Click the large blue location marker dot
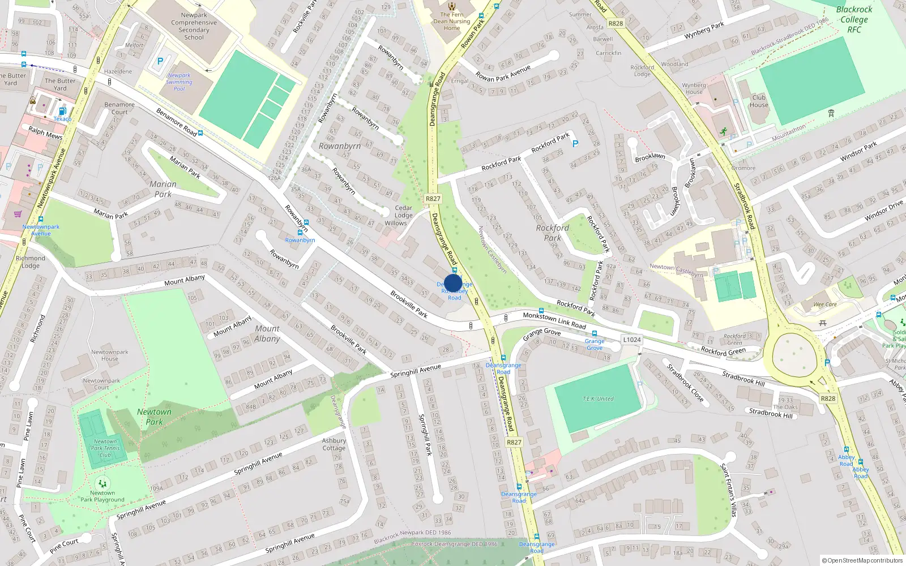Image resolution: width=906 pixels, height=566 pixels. pos(453,283)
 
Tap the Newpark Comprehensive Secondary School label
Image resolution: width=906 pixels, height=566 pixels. pos(194,27)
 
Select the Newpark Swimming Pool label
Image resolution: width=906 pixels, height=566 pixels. pos(179,82)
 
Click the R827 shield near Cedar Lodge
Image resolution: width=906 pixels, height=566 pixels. pos(433,199)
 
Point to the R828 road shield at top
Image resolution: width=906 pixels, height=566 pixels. pos(616,23)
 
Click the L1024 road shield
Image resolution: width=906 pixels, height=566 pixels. pos(632,340)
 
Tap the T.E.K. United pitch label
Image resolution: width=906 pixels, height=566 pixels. pos(598,398)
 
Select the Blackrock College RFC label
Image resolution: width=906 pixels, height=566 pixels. pos(854,19)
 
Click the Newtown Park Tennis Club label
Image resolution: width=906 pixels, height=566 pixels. pos(105,448)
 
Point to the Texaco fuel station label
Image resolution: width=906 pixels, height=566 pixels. pos(62,119)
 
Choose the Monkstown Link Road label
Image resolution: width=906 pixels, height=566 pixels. pos(554,320)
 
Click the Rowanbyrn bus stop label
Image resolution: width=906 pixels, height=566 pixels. pos(300,240)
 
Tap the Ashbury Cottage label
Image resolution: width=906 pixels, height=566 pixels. pos(334,444)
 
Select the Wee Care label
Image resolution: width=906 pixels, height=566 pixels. pos(825,305)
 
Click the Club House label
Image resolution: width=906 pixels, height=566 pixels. pos(759,101)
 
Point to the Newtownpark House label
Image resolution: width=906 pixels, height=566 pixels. pos(110,355)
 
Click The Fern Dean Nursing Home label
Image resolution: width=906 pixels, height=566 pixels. pos(452,22)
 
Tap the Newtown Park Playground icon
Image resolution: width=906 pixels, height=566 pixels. pos(102,484)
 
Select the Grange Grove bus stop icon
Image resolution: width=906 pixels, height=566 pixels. pos(595,333)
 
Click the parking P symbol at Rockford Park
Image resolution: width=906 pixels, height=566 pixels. pos(575,144)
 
